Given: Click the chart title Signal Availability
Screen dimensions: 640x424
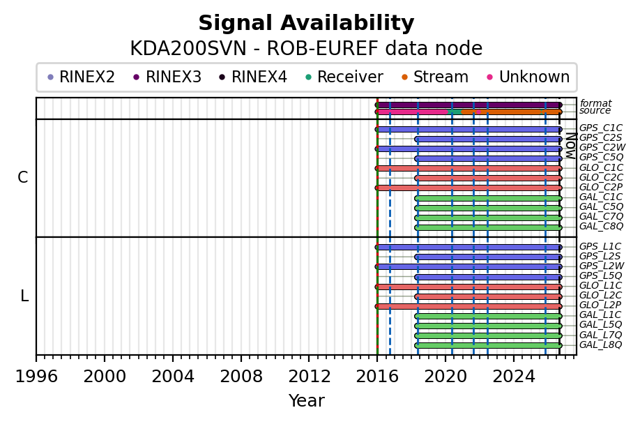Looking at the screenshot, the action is pyautogui.click(x=306, y=23).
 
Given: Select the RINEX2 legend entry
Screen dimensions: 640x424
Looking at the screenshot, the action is pyautogui.click(x=81, y=77).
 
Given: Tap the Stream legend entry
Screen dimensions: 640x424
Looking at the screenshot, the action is pyautogui.click(x=435, y=77).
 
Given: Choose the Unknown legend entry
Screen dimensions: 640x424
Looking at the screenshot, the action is pyautogui.click(x=528, y=77).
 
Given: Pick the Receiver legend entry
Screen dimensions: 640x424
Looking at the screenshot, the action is pyautogui.click(x=344, y=77).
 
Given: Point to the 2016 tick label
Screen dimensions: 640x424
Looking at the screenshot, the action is pyautogui.click(x=377, y=377).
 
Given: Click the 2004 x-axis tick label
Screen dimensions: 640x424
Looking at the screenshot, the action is pyautogui.click(x=173, y=377).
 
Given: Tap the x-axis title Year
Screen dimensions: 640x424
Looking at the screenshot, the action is pyautogui.click(x=307, y=401).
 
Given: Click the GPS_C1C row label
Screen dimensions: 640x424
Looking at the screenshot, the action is pyautogui.click(x=601, y=128).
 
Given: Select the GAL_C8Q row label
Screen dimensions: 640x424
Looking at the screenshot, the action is pyautogui.click(x=601, y=226).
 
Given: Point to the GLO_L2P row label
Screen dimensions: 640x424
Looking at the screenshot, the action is pyautogui.click(x=600, y=305).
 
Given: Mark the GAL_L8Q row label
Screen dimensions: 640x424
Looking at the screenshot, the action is pyautogui.click(x=600, y=344).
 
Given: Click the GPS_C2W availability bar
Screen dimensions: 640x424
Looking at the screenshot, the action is pyautogui.click(x=468, y=149).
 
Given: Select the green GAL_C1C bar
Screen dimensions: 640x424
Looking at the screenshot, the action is pyautogui.click(x=488, y=198).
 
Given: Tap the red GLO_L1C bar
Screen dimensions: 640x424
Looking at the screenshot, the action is pyautogui.click(x=468, y=287).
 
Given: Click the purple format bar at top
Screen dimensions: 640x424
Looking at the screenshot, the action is pyautogui.click(x=468, y=105).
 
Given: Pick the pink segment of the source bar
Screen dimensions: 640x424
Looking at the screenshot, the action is pyautogui.click(x=411, y=112).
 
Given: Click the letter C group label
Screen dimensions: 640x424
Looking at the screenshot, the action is pyautogui.click(x=23, y=178).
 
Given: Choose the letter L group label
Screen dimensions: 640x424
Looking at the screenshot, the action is pyautogui.click(x=24, y=296).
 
